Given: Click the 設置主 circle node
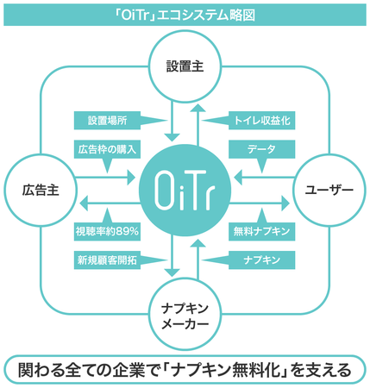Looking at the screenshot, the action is [185, 66].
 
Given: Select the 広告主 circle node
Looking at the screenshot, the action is [41, 190].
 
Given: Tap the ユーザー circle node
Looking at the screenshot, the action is [329, 190].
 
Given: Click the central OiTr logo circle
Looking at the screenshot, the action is [185, 190].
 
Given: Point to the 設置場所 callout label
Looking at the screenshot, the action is [107, 121].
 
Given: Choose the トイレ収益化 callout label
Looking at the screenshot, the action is [261, 121].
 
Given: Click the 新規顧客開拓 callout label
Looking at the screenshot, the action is [107, 260].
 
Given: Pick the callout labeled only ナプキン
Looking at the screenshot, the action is [261, 260].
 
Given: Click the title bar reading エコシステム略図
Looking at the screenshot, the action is [185, 16].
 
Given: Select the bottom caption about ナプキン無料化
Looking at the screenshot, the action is [185, 370].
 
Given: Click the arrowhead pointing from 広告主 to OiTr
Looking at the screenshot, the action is [131, 177].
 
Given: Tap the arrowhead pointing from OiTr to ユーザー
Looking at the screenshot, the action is [285, 203].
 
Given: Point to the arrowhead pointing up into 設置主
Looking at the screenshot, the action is [198, 108].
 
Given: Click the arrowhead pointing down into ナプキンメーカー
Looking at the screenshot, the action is [172, 272].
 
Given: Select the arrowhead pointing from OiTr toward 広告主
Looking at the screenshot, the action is [84, 203].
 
